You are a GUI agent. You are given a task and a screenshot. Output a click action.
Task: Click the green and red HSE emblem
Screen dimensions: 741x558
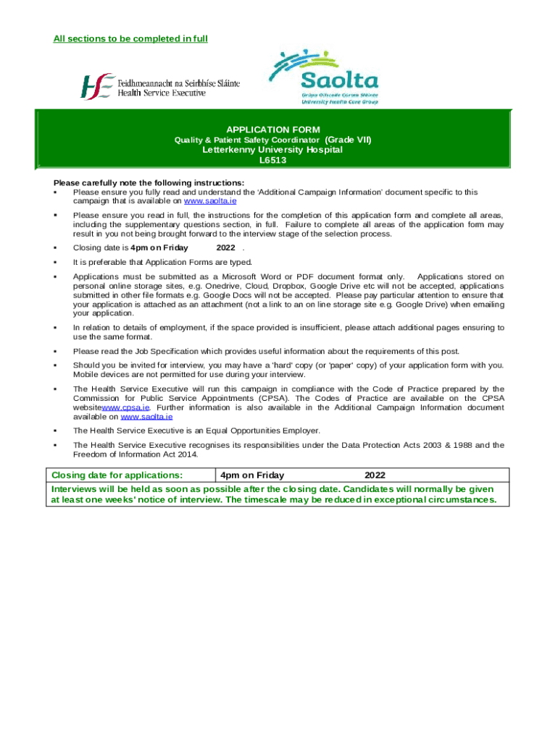[97, 86]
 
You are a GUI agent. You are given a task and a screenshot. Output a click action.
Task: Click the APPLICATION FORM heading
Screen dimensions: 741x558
[278, 130]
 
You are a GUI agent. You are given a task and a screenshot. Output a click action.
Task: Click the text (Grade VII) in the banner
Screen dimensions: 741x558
[348, 140]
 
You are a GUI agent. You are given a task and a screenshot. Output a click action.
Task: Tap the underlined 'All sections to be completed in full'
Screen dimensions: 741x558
[130, 38]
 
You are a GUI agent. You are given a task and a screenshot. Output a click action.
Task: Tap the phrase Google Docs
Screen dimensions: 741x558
[243, 295]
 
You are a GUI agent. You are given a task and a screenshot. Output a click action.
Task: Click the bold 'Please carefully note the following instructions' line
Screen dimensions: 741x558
[149, 182]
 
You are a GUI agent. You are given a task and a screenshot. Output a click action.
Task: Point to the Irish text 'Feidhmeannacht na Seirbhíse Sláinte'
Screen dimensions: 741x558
[178, 82]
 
